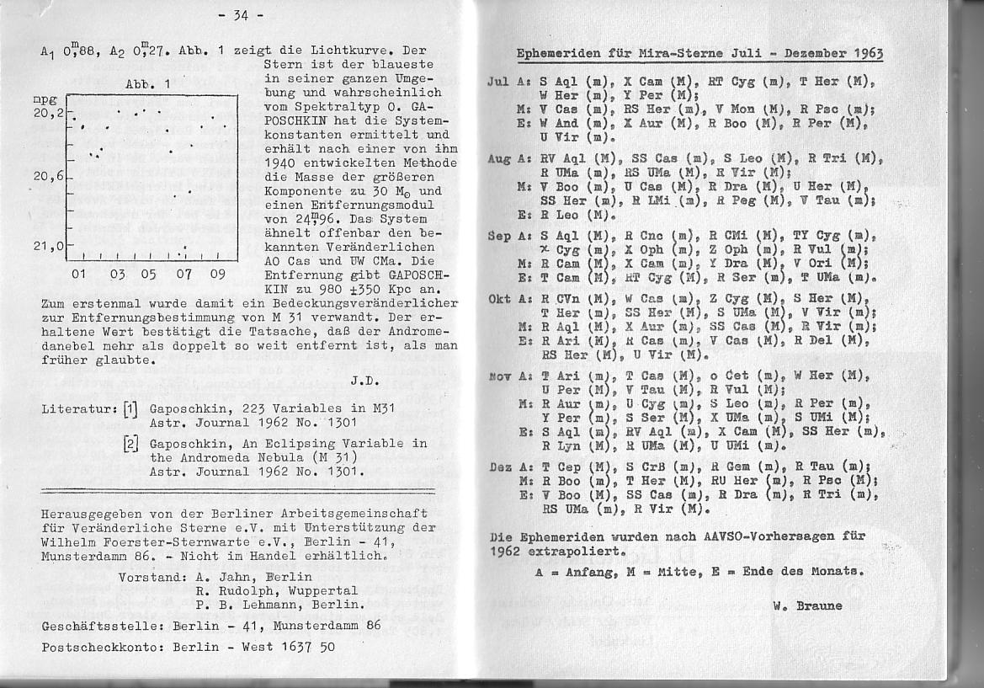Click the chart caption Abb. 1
148,83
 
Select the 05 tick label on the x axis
148,275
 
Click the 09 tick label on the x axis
217,275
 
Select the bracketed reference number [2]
130,444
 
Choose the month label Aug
499,157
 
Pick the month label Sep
499,237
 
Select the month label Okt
499,299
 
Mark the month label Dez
500,467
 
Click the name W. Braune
807,605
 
